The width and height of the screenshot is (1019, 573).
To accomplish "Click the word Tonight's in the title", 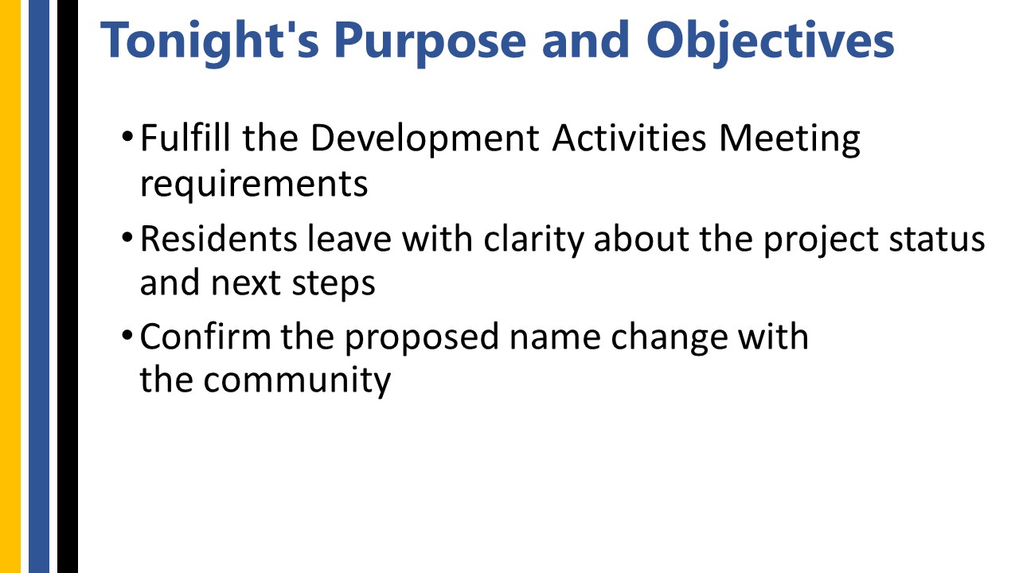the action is coord(209,42).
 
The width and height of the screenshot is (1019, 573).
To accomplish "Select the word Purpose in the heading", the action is coord(430,42).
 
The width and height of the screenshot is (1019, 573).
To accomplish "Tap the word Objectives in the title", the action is coord(771,42).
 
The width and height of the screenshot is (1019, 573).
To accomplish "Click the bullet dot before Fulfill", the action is coord(127,136).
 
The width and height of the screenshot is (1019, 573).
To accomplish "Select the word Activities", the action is coord(629,138).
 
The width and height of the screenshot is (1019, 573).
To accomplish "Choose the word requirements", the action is coord(254,185).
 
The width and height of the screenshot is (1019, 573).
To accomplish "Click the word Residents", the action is coord(218,238).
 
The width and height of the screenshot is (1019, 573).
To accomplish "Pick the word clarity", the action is coord(533,240).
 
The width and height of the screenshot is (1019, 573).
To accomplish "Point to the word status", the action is coord(937,240).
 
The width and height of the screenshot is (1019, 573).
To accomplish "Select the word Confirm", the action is coord(205,336).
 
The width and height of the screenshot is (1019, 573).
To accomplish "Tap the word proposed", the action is coord(422,338).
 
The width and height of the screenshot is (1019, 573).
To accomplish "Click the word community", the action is coord(297,381).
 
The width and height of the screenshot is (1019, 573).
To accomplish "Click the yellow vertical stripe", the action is coord(10,286).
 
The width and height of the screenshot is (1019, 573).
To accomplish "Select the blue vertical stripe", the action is coord(39,286).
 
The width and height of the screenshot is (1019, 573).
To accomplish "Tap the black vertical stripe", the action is coord(68,286).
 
